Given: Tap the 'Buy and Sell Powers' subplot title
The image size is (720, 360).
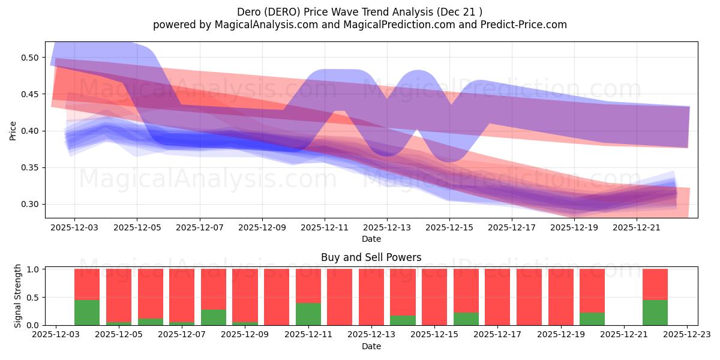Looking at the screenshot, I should (x=371, y=257).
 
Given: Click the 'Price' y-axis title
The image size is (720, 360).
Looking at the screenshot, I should (x=13, y=130).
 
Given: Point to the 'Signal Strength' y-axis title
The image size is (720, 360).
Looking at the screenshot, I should (x=18, y=296).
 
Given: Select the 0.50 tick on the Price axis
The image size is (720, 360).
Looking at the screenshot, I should (x=30, y=58).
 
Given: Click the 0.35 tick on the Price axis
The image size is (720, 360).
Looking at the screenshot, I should (x=30, y=167).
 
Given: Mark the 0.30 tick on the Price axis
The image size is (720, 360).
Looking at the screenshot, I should (x=30, y=204).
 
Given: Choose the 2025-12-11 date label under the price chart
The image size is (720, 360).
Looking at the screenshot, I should (x=325, y=228).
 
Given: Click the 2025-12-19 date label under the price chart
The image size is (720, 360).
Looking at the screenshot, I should (x=574, y=228).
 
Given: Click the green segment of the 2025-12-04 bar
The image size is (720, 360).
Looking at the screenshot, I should (x=87, y=313).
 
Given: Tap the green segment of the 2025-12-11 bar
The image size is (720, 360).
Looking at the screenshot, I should (x=308, y=314).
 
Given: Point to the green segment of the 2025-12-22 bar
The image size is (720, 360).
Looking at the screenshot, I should (x=655, y=313).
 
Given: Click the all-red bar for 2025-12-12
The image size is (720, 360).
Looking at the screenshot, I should (x=340, y=297).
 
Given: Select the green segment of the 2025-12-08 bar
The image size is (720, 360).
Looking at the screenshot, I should (x=214, y=317).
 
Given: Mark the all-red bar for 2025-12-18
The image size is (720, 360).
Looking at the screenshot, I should (x=529, y=297).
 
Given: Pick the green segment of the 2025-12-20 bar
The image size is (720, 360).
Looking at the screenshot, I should (x=592, y=319).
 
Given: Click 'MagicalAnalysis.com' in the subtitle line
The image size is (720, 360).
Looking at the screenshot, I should (x=266, y=25).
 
